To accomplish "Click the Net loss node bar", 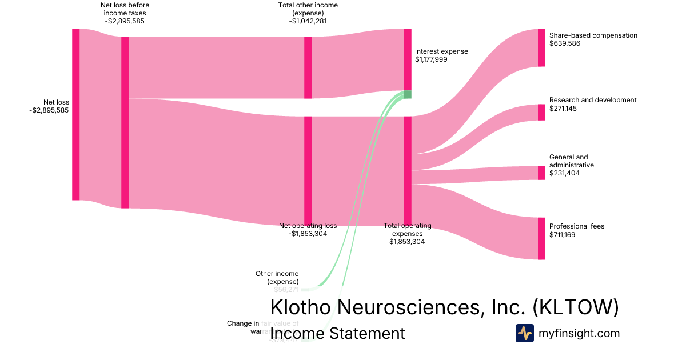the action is [75, 114].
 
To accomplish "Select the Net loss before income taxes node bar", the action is [125, 122].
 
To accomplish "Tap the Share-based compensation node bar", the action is [541, 47].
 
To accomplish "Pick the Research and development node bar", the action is [541, 112].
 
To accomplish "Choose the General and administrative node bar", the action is [541, 173].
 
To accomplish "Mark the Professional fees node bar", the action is [541, 238].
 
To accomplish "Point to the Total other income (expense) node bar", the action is [308, 67].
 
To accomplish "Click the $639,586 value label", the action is [565, 43].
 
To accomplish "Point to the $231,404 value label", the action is [564, 173].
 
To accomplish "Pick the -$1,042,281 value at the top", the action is [308, 21].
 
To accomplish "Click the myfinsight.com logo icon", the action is [524, 333].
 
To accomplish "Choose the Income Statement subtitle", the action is [337, 334].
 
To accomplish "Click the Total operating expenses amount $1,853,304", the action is [407, 242].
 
